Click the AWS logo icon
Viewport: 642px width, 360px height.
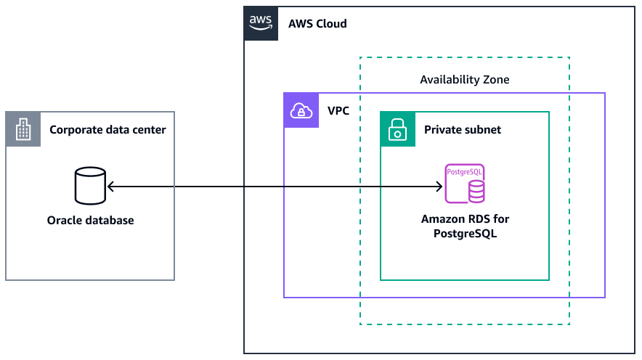click(x=261, y=23)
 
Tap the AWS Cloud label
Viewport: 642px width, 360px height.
click(x=317, y=23)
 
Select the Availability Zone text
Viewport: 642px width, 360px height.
click(x=465, y=80)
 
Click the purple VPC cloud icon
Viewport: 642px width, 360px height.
click(x=301, y=111)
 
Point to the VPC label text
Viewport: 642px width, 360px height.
click(x=338, y=112)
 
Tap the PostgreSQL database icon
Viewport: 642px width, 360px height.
click(x=465, y=184)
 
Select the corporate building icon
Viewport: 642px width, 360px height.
click(x=23, y=130)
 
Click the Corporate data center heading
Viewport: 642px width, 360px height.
click(x=107, y=130)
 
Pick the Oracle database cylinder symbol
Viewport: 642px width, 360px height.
click(x=90, y=186)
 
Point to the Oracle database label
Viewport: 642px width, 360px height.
click(x=90, y=220)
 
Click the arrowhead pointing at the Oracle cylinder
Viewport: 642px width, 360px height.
click(x=110, y=187)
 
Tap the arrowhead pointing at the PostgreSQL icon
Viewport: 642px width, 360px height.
click(x=438, y=187)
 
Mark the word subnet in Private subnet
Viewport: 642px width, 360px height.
click(x=483, y=130)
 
